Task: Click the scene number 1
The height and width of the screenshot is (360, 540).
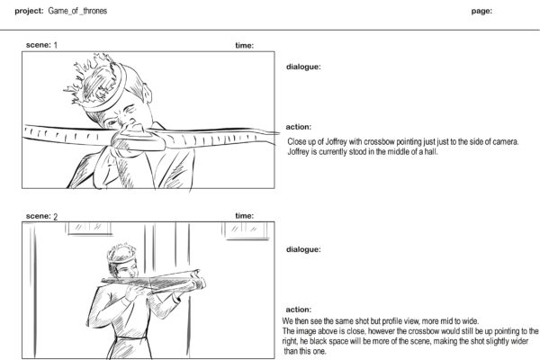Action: (56, 45)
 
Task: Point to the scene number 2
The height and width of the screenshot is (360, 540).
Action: (56, 217)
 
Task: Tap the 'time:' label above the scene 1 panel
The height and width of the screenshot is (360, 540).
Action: (244, 45)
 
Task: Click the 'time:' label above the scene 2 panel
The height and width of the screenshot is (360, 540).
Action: (244, 217)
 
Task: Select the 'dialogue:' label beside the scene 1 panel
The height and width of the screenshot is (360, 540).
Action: (303, 67)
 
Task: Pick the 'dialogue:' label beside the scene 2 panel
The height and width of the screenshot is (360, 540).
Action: (303, 249)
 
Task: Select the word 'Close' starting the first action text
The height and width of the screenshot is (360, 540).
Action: (297, 142)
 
